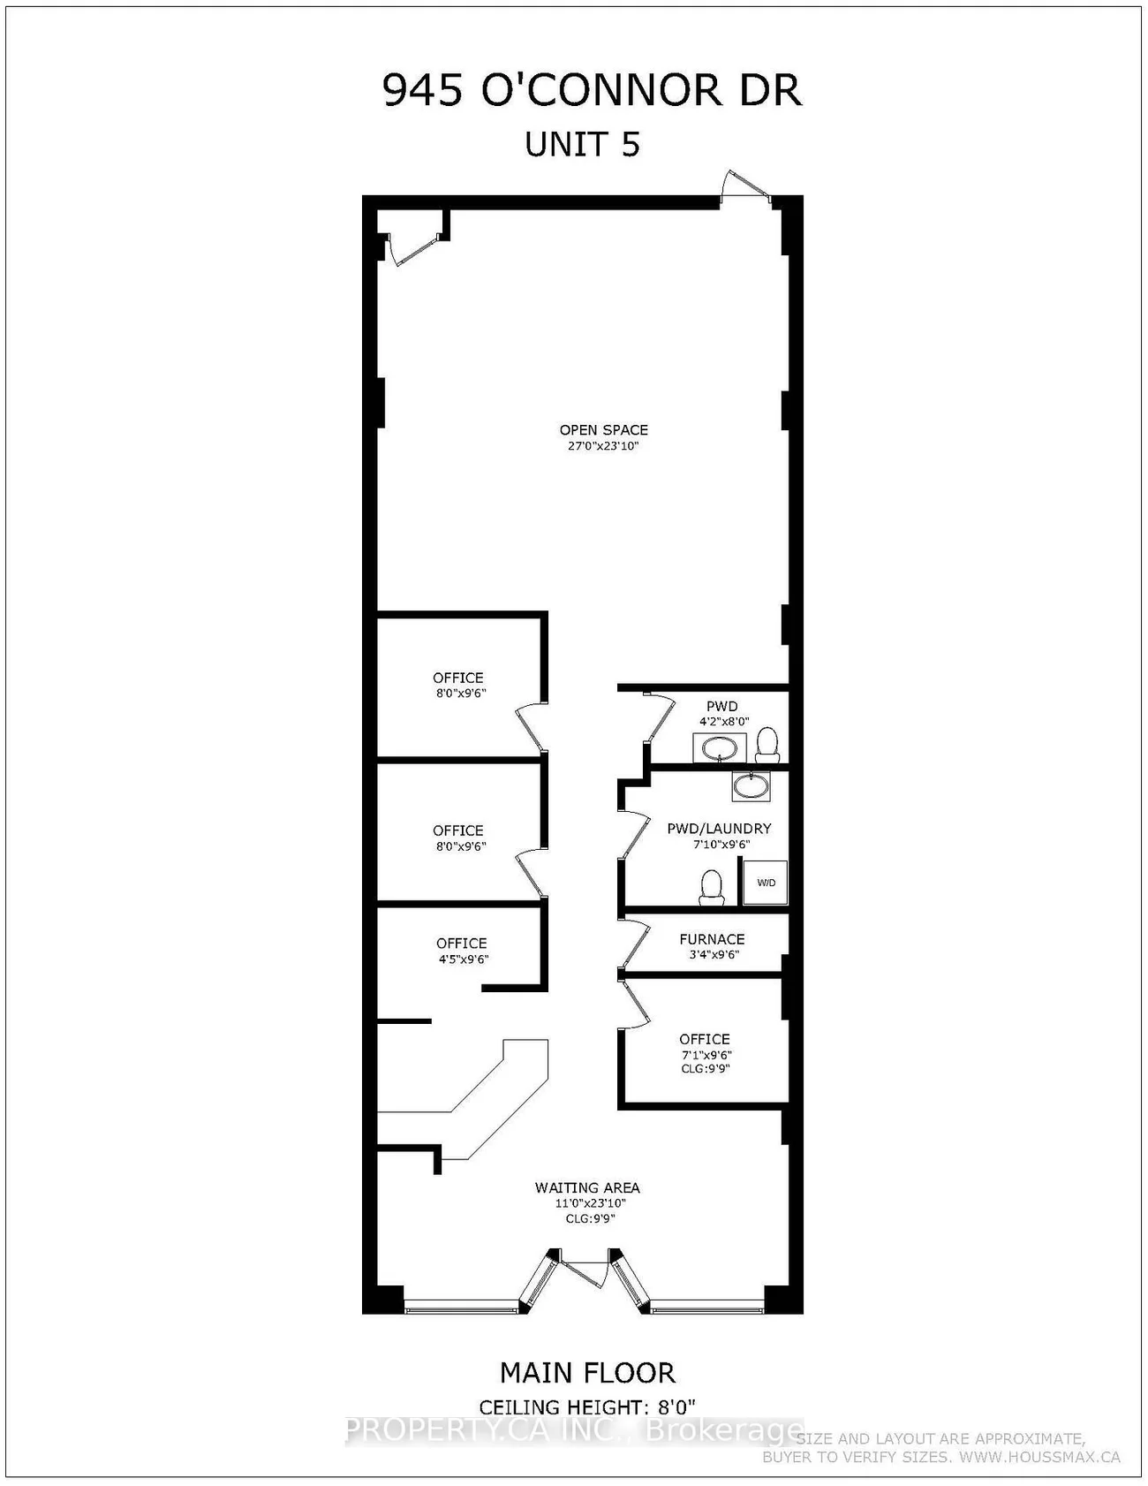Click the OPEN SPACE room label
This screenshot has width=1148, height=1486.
603,429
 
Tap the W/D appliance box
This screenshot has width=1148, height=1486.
765,883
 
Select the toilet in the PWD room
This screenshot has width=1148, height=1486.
767,745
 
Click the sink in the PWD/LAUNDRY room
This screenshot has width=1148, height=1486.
751,785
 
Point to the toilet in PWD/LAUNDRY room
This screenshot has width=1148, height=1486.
711,887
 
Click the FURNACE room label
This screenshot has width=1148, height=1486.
712,939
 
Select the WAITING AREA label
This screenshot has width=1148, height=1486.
587,1187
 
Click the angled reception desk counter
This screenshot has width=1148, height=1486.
495,1104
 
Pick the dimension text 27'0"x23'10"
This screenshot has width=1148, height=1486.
603,446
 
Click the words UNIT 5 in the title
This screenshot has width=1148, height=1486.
582,144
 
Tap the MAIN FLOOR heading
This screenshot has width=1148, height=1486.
587,1373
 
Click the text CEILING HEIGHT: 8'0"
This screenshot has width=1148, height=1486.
587,1406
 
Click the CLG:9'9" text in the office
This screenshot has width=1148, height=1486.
705,1069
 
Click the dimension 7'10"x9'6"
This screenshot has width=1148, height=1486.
721,845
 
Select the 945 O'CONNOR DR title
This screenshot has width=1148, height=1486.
592,91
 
